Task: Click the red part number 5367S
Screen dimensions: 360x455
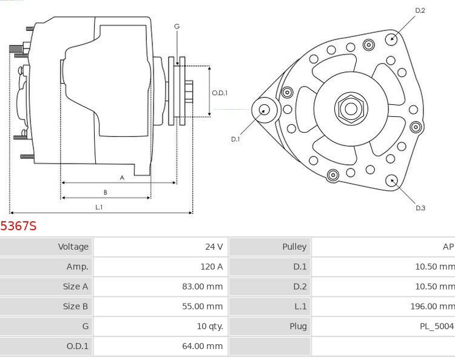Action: (x=18, y=226)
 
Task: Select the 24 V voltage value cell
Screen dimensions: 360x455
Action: (x=214, y=247)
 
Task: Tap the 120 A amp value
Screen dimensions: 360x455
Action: (x=211, y=267)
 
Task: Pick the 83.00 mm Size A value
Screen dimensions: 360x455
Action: (x=202, y=287)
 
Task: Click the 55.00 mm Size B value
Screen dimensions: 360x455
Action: (x=202, y=307)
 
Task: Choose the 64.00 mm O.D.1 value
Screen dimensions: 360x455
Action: (x=202, y=346)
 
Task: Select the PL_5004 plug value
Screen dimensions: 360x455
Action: (x=436, y=327)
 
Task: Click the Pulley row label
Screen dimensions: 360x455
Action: (x=294, y=247)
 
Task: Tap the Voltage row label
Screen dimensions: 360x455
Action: (x=73, y=247)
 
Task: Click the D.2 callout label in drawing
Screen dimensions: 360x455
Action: (x=420, y=11)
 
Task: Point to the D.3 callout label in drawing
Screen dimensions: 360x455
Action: (x=420, y=208)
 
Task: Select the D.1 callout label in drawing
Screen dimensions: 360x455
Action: (x=235, y=139)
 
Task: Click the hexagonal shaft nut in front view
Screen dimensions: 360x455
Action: (x=350, y=108)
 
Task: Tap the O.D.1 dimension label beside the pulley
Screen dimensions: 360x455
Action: (x=220, y=93)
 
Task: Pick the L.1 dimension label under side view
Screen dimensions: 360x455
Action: (x=99, y=207)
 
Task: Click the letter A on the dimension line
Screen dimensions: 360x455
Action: (x=122, y=178)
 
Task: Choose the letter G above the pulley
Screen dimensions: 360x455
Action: (x=177, y=27)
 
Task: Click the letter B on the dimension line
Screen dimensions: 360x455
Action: (x=105, y=193)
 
